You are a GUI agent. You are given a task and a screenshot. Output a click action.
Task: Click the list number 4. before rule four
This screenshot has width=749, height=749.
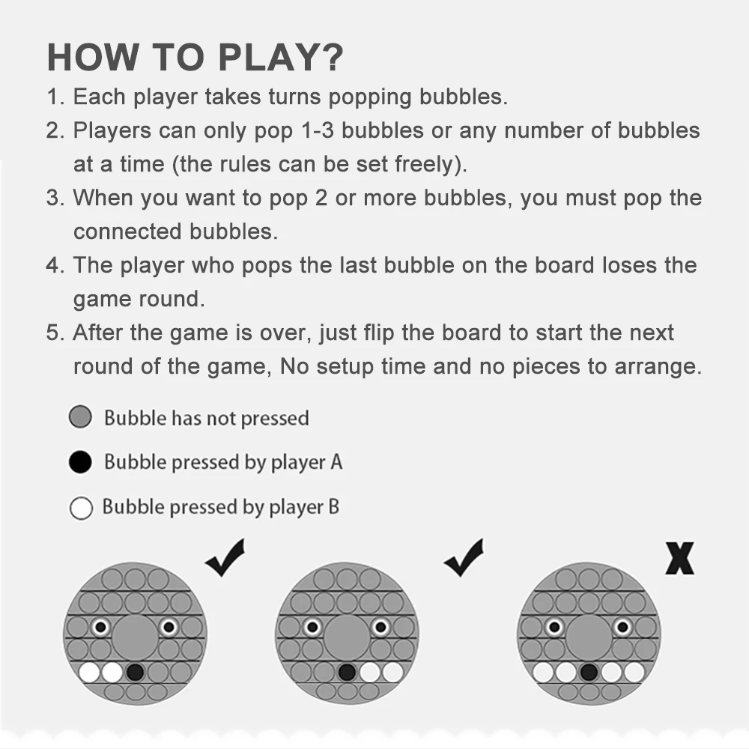[55, 265]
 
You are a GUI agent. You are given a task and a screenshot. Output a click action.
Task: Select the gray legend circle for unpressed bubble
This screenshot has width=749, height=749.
[80, 417]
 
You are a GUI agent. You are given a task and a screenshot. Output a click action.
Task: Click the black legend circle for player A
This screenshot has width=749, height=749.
[80, 462]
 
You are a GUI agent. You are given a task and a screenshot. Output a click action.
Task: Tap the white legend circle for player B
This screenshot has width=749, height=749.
[80, 508]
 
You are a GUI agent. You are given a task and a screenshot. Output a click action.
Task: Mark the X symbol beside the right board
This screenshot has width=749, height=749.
[679, 559]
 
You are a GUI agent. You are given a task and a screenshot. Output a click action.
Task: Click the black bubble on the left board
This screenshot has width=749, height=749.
[135, 672]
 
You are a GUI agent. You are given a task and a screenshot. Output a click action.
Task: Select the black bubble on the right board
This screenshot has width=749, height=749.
[589, 672]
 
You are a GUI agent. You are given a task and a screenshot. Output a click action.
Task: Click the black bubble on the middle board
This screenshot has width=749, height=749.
[347, 672]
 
